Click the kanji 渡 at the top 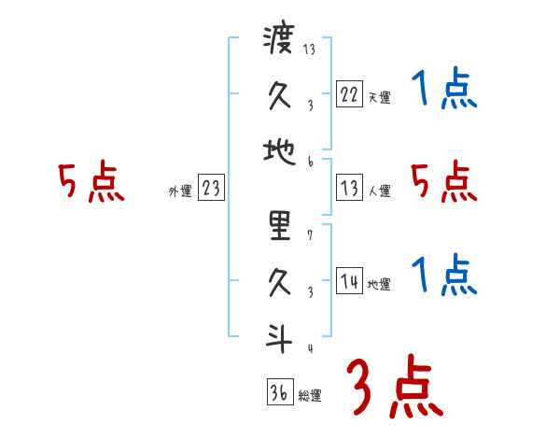tap(278, 42)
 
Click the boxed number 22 tap(349, 94)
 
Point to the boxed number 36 tap(278, 392)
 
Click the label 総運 tap(310, 395)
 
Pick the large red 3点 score tap(395, 387)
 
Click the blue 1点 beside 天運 tap(443, 91)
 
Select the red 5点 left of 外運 tap(91, 182)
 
